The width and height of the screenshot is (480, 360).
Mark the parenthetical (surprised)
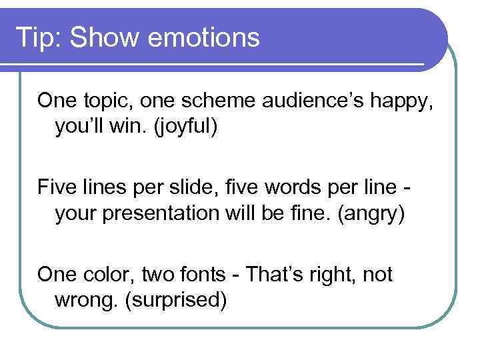point(176,300)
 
